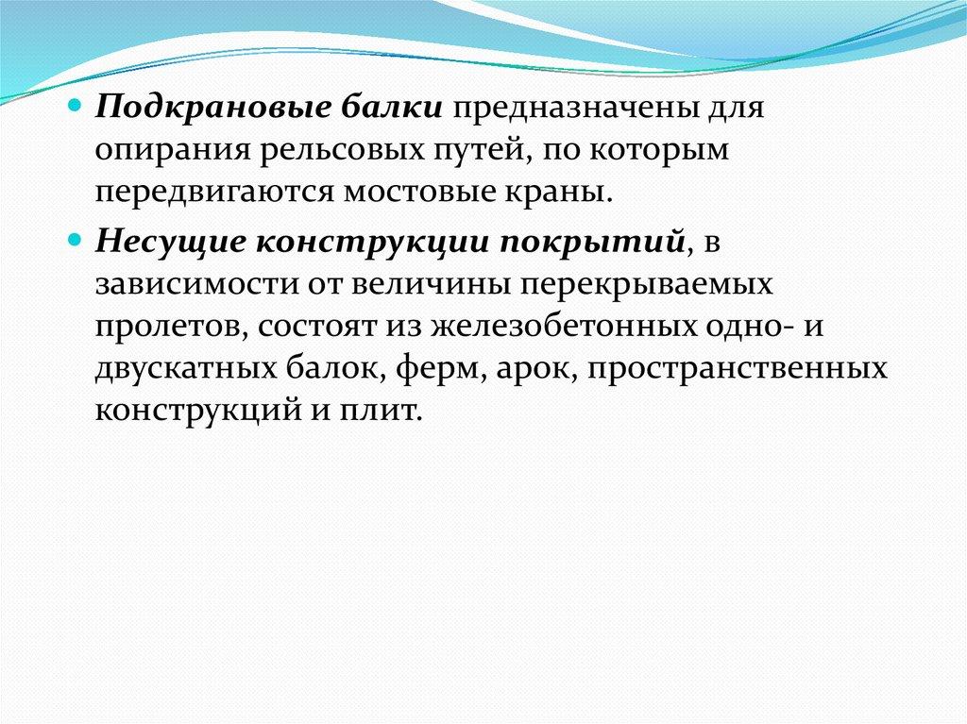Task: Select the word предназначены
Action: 575,109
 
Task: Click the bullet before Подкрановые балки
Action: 74,106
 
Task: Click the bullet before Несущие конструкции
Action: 74,240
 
